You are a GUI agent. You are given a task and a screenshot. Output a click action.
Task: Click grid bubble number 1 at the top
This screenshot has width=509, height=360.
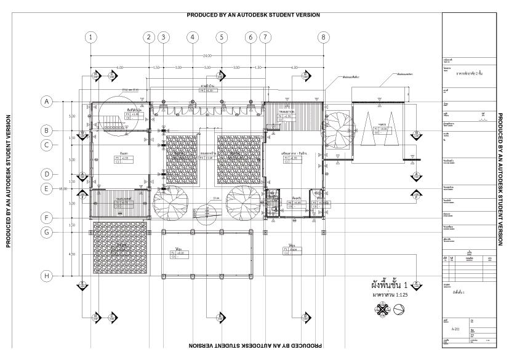click(91, 37)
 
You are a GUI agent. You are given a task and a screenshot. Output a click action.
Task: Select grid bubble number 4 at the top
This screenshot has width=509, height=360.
click(193, 37)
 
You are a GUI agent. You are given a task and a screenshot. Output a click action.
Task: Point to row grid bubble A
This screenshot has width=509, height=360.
click(46, 102)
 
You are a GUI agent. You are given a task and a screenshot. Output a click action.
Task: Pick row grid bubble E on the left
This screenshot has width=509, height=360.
click(46, 189)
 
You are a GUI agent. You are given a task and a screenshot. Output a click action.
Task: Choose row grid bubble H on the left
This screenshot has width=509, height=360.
click(46, 276)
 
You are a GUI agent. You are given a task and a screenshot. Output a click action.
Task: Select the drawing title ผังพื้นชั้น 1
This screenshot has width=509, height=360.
click(390, 285)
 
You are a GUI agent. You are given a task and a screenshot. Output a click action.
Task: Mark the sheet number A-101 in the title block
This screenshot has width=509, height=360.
click(455, 329)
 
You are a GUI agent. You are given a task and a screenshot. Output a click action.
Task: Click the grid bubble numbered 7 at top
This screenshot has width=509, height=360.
click(265, 37)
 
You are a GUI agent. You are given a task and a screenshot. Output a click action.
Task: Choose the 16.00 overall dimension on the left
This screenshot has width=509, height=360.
click(62, 189)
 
